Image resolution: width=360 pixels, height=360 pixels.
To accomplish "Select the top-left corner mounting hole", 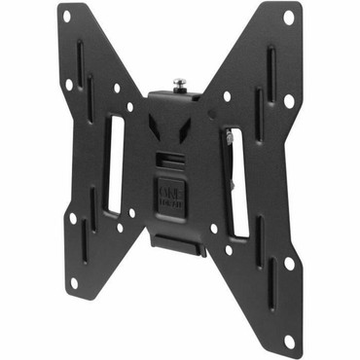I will (x=66, y=17).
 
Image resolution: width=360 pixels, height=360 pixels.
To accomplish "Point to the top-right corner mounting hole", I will (x=288, y=18).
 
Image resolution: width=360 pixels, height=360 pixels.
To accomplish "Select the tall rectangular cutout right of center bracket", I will (x=235, y=180).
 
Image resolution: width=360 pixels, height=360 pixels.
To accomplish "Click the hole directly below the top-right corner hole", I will (x=288, y=100).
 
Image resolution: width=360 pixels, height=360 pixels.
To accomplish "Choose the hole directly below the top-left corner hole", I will (x=69, y=85).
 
